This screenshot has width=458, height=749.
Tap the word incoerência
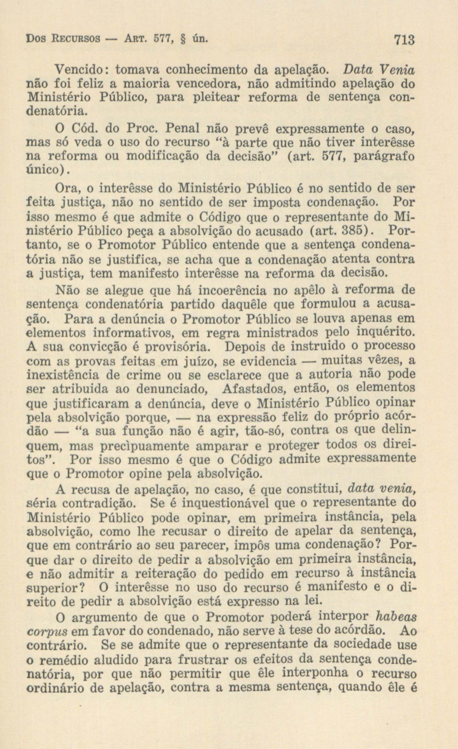(x=232, y=291)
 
